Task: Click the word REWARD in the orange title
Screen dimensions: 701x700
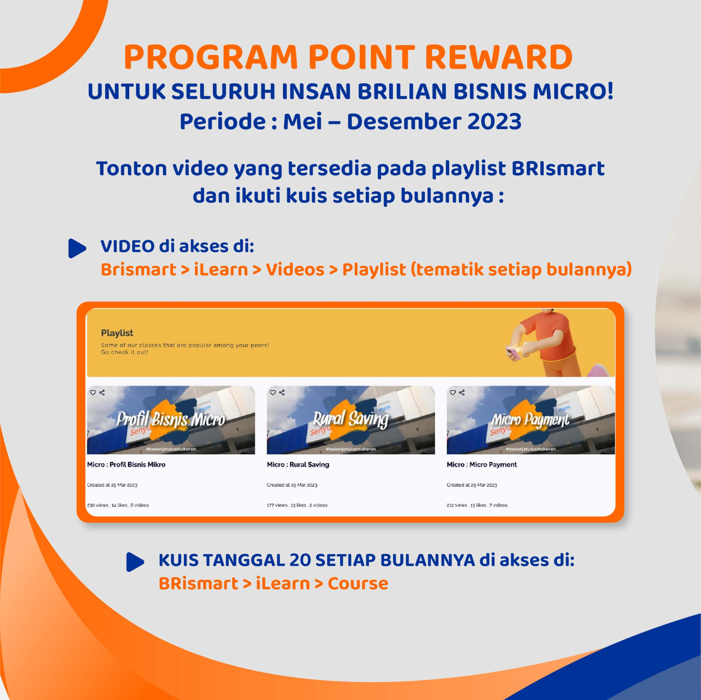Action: tap(499, 57)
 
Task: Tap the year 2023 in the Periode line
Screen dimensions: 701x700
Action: tap(494, 121)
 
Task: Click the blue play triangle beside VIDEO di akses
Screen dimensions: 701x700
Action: tap(77, 248)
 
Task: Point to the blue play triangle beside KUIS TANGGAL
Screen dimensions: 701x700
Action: tap(135, 562)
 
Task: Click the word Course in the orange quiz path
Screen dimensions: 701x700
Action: tap(358, 584)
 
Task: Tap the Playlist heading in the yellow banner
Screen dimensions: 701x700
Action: tap(117, 333)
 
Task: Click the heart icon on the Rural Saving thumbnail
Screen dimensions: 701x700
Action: tap(273, 393)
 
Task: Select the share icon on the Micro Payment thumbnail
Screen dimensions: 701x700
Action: tap(461, 393)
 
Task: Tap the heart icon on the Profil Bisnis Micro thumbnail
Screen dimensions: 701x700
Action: tap(93, 393)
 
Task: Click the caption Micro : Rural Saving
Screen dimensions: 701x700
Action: tap(298, 464)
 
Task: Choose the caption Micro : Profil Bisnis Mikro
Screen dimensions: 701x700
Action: tap(126, 464)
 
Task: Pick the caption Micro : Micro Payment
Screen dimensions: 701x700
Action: tap(481, 464)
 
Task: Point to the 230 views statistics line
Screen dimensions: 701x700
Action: tap(118, 505)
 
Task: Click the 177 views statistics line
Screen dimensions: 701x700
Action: tap(297, 505)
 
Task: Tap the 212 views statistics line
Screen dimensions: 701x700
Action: tap(477, 505)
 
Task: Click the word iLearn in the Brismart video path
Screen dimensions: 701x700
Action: tap(221, 270)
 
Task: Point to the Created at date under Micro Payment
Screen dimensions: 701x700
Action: tap(472, 485)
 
